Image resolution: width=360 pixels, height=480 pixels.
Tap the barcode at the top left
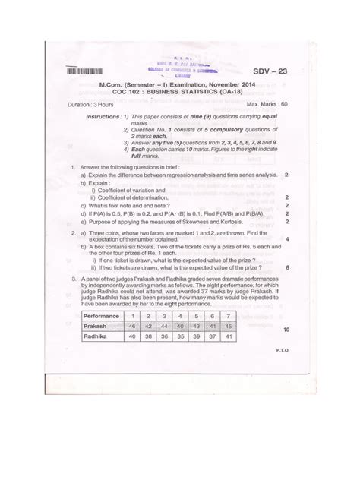(89, 71)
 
